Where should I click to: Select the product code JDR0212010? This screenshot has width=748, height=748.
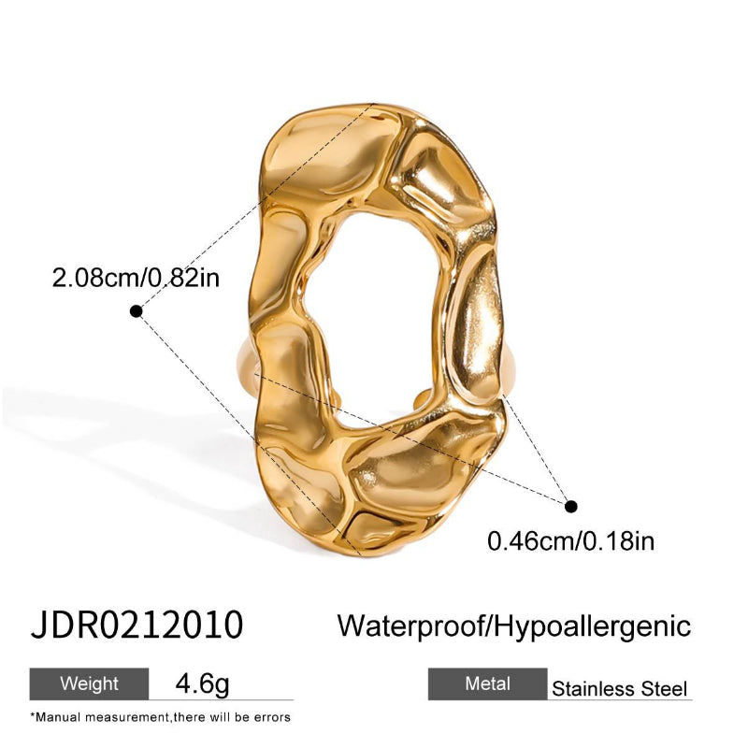(x=137, y=624)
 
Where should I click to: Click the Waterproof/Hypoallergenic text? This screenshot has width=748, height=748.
(x=513, y=625)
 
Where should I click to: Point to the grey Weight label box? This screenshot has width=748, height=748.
(x=89, y=683)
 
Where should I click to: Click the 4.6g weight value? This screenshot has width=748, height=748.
(x=202, y=684)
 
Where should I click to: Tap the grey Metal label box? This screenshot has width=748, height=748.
(x=486, y=684)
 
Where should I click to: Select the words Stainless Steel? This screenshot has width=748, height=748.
(x=619, y=690)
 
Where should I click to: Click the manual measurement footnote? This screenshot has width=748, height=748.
(x=160, y=717)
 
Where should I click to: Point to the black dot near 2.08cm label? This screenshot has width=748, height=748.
(x=137, y=310)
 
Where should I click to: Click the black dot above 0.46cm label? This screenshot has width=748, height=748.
(x=572, y=506)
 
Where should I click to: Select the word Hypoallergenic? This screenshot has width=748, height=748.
(x=592, y=625)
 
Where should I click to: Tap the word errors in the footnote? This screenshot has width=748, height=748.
(x=271, y=717)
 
